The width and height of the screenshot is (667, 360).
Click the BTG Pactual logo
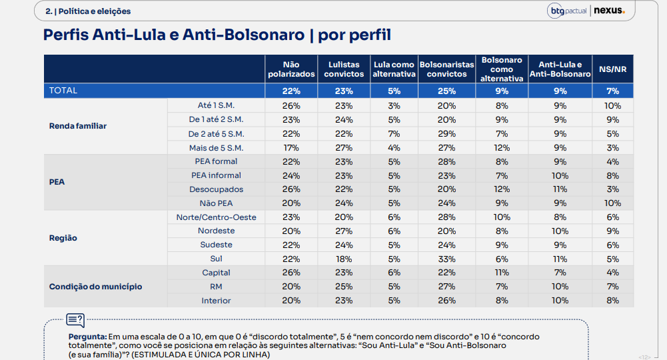(x=567, y=11)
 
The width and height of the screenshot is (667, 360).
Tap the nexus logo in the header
(x=609, y=10)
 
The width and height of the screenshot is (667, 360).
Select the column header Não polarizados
(x=291, y=69)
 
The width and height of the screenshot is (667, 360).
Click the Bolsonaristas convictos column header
(x=446, y=69)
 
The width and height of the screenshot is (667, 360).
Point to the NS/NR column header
(x=612, y=69)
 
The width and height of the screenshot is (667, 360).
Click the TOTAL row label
(x=63, y=91)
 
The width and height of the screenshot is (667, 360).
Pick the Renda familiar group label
(x=78, y=126)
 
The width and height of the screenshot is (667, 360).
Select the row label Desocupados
(x=216, y=189)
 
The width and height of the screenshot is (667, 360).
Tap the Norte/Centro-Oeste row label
(x=216, y=217)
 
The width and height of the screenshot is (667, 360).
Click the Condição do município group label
(x=96, y=287)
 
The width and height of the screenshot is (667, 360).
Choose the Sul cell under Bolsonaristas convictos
(x=446, y=259)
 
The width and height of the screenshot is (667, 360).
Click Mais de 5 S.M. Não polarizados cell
(x=291, y=148)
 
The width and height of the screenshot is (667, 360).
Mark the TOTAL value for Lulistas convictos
(x=344, y=91)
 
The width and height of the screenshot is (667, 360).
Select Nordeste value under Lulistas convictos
(x=344, y=231)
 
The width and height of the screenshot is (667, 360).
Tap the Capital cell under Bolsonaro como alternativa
(x=502, y=273)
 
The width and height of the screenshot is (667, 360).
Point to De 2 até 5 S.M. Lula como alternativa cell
(x=394, y=134)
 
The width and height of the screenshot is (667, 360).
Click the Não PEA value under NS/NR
(x=612, y=203)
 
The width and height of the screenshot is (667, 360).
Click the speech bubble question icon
(x=75, y=320)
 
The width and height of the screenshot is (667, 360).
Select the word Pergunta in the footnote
(x=87, y=337)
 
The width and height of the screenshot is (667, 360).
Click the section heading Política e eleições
(x=95, y=11)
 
